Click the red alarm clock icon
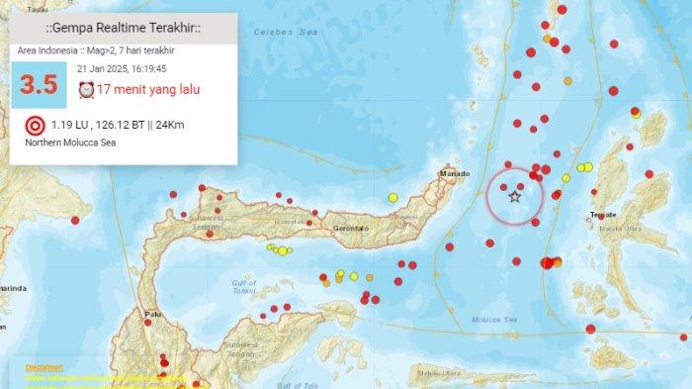tap(86, 90)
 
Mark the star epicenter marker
tap(514, 198)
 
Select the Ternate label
tap(603, 215)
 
